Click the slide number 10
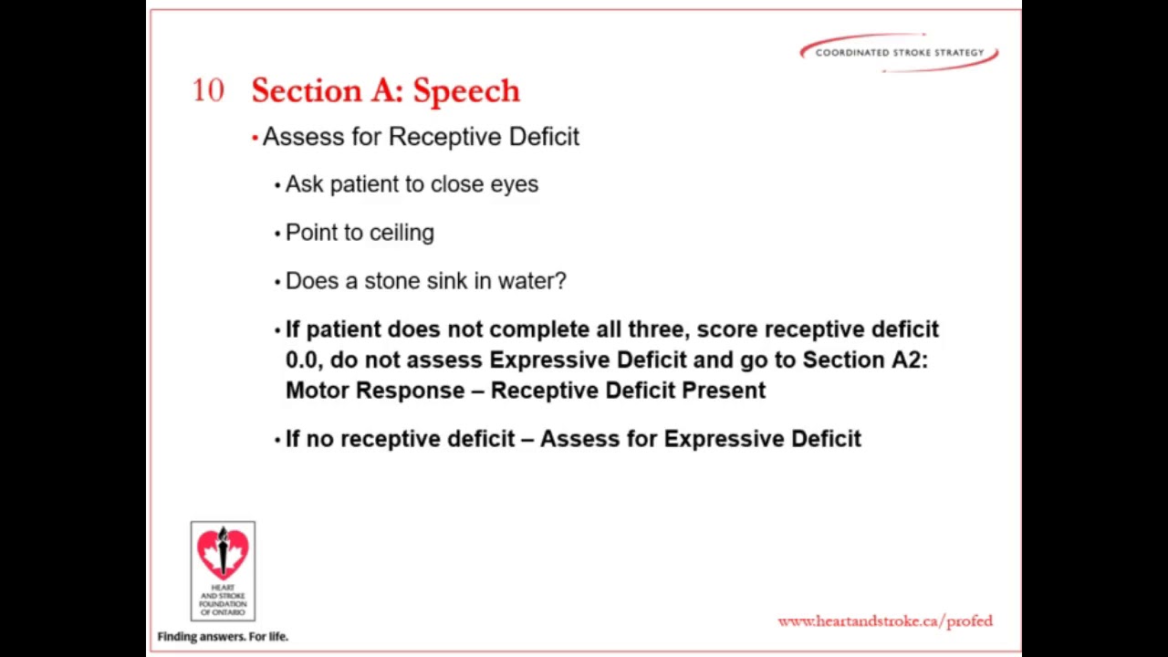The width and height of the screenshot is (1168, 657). click(208, 90)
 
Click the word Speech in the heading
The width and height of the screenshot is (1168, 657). click(466, 90)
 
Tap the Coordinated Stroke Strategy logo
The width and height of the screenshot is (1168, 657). click(899, 52)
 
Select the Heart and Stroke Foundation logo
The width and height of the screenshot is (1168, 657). click(223, 571)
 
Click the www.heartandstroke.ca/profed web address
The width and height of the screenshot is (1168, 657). click(885, 621)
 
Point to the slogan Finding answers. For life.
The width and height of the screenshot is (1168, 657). click(223, 636)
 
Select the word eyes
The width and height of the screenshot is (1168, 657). click(515, 185)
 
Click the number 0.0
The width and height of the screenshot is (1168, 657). click(301, 360)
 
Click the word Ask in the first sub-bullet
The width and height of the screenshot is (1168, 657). click(305, 184)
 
